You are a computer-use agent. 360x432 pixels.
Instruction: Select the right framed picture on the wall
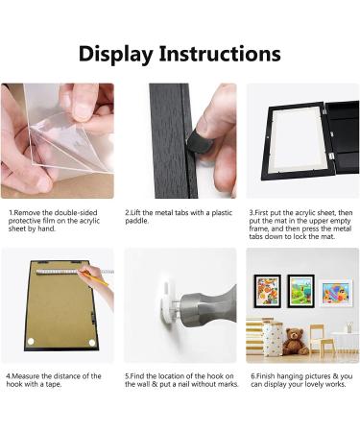tap(336, 292)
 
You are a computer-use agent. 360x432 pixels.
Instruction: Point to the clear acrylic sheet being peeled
tap(48, 134)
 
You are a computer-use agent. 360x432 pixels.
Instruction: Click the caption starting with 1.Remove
tap(56, 218)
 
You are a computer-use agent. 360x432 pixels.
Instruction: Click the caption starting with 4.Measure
tap(56, 381)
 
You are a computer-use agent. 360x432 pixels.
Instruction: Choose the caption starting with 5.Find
tap(179, 381)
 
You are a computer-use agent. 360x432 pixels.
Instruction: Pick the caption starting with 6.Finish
tap(301, 381)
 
